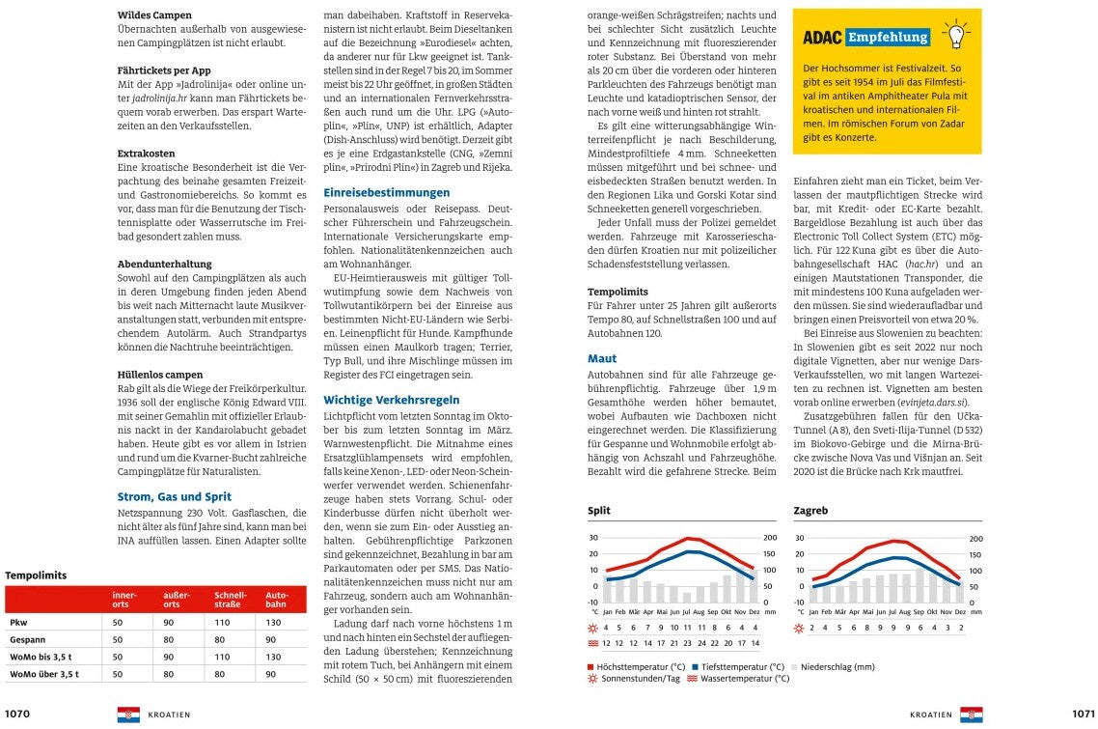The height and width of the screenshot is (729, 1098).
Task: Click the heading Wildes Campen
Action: [154, 15]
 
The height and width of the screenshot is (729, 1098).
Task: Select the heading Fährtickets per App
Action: [164, 70]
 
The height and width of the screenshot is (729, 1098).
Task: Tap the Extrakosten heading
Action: [147, 154]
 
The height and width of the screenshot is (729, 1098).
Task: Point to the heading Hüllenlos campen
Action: [160, 374]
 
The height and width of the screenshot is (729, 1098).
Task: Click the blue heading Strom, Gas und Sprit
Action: [175, 496]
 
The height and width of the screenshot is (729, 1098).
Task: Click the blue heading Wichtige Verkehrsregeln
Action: [392, 399]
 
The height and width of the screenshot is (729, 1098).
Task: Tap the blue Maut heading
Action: [602, 358]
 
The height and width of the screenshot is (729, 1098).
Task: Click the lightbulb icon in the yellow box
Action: [955, 35]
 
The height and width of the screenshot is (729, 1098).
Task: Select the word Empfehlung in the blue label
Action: [888, 38]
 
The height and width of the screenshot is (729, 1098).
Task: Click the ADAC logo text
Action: [823, 38]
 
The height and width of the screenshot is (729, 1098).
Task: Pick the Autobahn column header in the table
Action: [277, 600]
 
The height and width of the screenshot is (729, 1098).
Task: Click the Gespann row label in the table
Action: [28, 639]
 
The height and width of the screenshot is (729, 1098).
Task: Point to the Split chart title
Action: [599, 510]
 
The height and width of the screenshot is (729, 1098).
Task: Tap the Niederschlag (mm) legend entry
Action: [837, 666]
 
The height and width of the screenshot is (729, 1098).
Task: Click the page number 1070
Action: [18, 715]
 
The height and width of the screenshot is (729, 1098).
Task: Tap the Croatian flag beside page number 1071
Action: [971, 715]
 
